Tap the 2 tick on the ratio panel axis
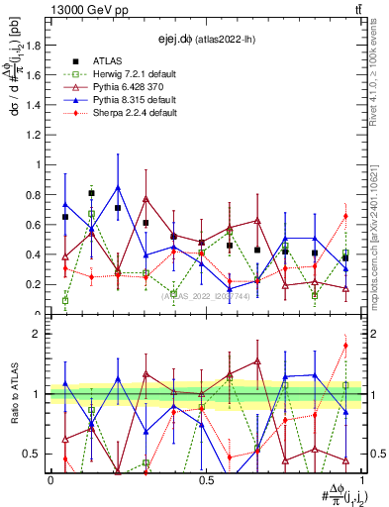tap(41, 334)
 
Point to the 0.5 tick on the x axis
tap(206, 479)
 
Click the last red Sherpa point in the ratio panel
tap(345, 346)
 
